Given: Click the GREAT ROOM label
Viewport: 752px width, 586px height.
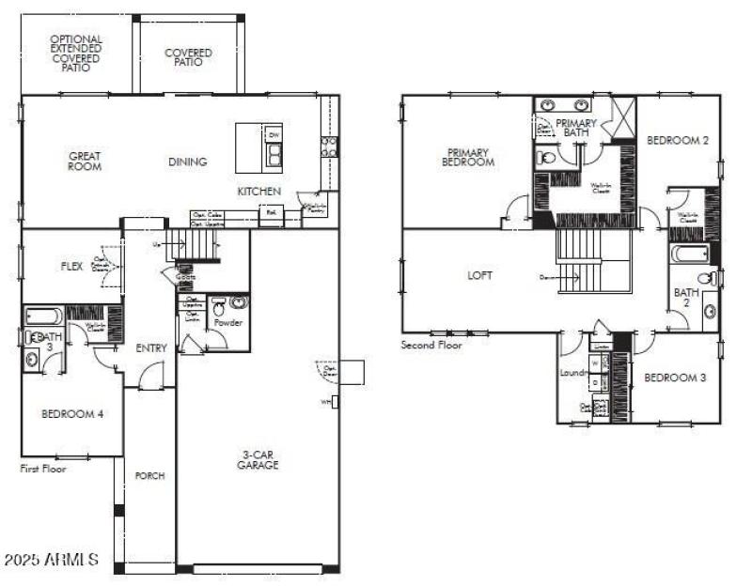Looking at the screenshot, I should click(85, 162).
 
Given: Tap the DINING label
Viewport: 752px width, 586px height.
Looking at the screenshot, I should click(187, 162).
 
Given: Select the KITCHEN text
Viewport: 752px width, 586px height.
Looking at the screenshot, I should click(258, 192).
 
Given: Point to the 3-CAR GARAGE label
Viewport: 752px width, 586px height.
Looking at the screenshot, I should click(258, 460).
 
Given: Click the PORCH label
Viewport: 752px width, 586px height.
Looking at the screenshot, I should click(149, 476).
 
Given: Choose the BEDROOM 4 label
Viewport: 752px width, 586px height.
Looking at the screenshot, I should click(72, 413).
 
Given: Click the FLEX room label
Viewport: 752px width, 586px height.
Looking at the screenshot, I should click(72, 266).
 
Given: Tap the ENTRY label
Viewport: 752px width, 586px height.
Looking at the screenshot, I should click(151, 348).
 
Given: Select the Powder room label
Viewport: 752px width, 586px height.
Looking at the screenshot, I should click(228, 323).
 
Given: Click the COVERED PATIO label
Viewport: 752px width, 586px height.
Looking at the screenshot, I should click(189, 58).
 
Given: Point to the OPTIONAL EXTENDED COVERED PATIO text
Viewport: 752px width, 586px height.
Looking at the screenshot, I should click(76, 54).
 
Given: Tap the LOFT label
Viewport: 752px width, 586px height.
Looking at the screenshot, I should click(480, 275).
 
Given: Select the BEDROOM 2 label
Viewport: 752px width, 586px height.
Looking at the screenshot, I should click(677, 140).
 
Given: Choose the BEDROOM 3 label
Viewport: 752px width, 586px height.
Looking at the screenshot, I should click(674, 378).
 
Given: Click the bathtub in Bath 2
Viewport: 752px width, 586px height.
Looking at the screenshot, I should click(690, 254).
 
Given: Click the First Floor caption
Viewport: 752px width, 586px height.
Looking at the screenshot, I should click(43, 469).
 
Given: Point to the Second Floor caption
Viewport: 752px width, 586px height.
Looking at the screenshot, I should click(431, 346).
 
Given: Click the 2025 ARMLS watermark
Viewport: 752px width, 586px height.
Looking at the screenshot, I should click(51, 560).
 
